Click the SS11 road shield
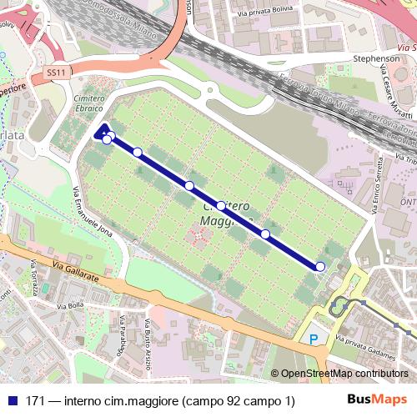tap(56, 73)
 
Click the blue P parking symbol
tap(314, 339)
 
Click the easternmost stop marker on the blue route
tap(320, 266)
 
